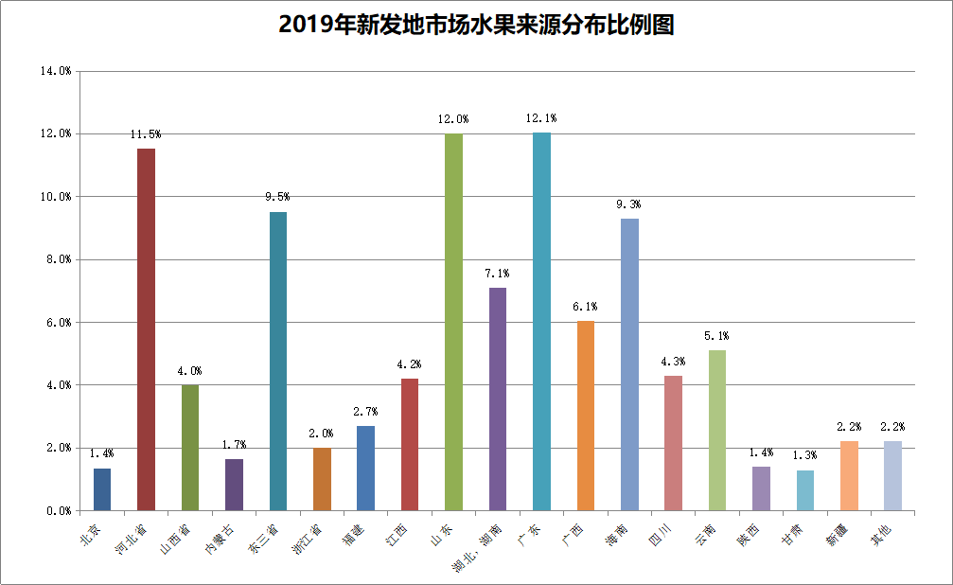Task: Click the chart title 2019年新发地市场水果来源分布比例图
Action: (476, 25)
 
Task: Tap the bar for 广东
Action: (541, 322)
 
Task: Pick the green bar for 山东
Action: (453, 322)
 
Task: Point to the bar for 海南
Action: (629, 364)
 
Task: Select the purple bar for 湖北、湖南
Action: (498, 399)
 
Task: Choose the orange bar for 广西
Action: (585, 416)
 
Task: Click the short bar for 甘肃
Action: (805, 490)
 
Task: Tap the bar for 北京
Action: (102, 489)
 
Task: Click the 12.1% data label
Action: (541, 118)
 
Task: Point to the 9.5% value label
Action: (277, 197)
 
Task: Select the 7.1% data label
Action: (498, 273)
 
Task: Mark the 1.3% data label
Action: (805, 455)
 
